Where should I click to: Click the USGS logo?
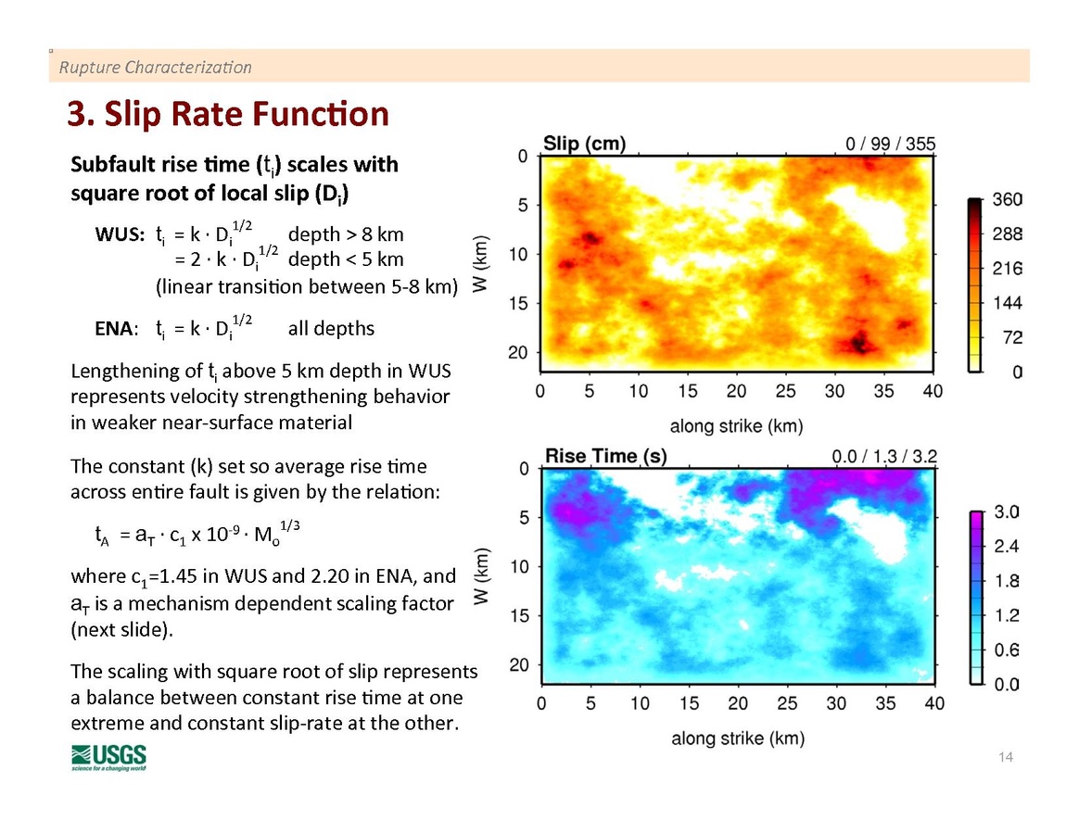pyautogui.click(x=108, y=756)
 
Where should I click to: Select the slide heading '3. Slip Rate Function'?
pyautogui.click(x=227, y=114)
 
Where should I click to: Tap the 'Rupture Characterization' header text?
pyautogui.click(x=155, y=68)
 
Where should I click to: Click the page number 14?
pyautogui.click(x=1006, y=758)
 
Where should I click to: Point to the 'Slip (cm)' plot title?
pyautogui.click(x=584, y=144)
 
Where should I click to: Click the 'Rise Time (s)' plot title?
pyautogui.click(x=605, y=456)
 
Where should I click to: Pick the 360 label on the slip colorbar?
pyautogui.click(x=1007, y=200)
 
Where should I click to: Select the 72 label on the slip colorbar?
pyautogui.click(x=1011, y=338)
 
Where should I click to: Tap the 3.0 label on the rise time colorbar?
pyautogui.click(x=1007, y=511)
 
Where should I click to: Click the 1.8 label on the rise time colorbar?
pyautogui.click(x=1007, y=581)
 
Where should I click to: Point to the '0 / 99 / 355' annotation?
pyautogui.click(x=890, y=144)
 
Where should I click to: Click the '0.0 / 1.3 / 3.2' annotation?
pyautogui.click(x=883, y=456)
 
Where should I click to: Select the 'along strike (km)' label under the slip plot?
pyautogui.click(x=737, y=427)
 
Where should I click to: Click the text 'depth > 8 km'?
pyautogui.click(x=346, y=234)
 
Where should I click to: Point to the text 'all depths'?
pyautogui.click(x=331, y=328)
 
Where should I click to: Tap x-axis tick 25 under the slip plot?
pyautogui.click(x=785, y=392)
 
